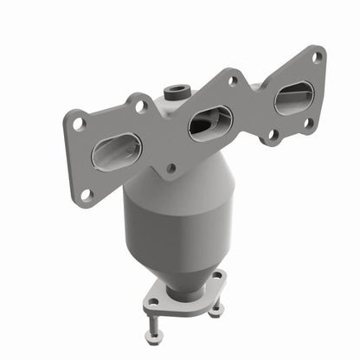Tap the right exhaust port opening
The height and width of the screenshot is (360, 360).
point(293,96)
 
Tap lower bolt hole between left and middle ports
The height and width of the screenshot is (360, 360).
point(171,168)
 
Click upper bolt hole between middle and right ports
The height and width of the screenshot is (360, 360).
point(232,80)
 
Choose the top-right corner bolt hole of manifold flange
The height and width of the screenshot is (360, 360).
point(317,57)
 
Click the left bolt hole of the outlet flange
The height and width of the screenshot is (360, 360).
point(155,302)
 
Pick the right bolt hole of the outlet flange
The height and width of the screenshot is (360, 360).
point(216,278)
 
